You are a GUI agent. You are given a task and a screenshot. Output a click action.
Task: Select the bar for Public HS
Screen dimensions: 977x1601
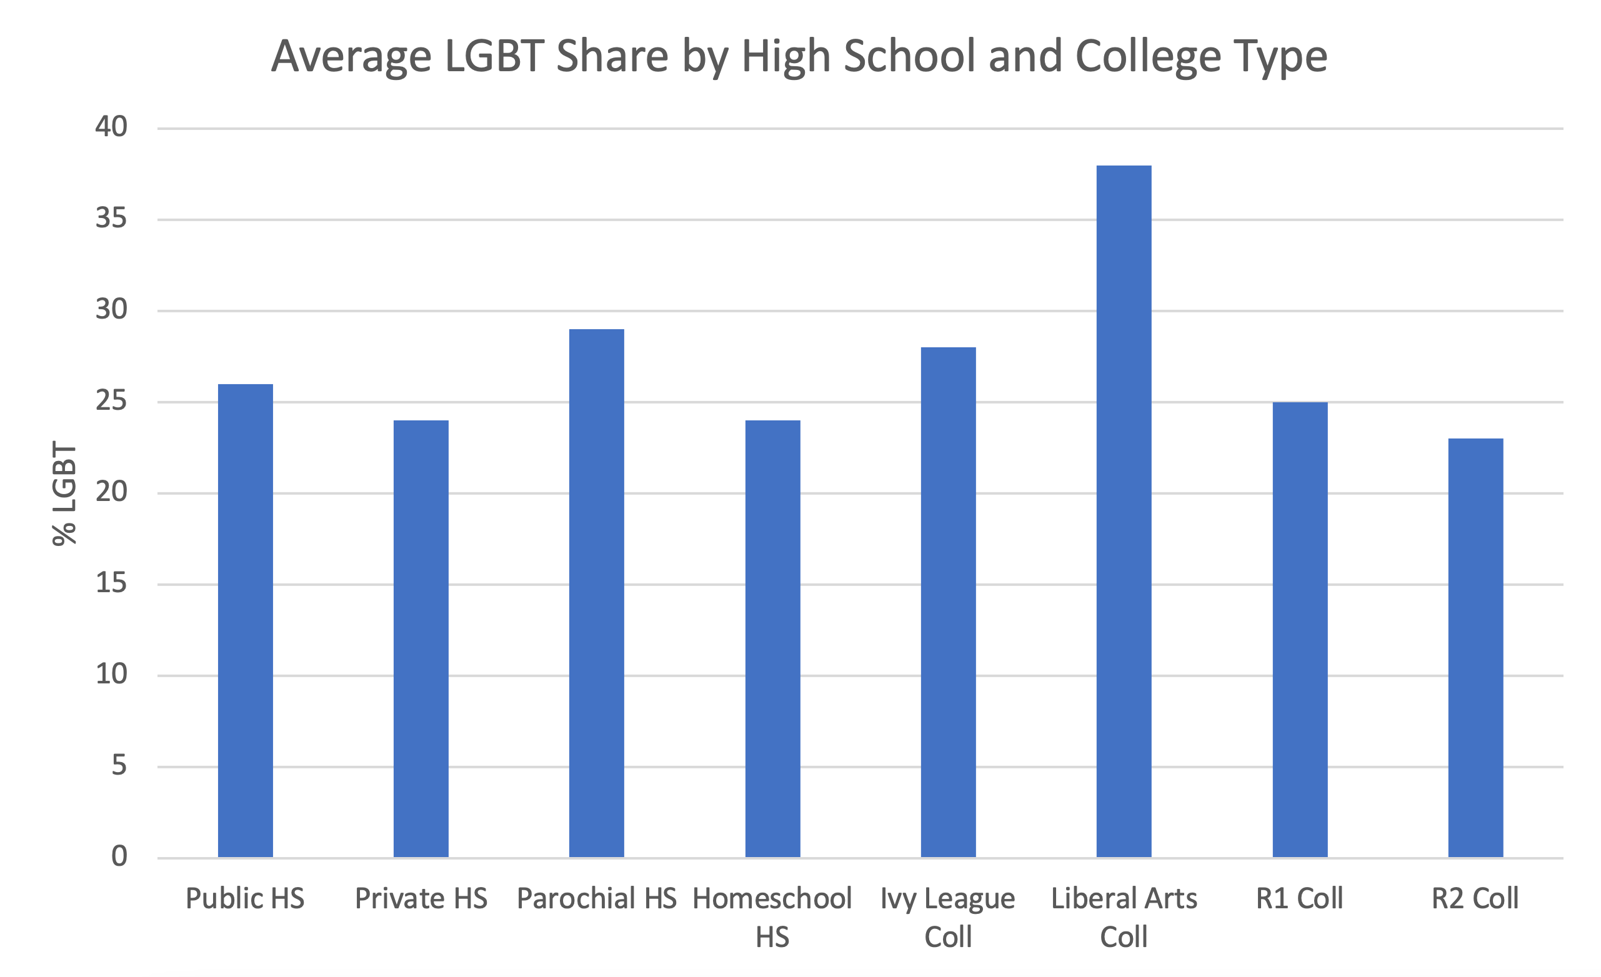point(245,620)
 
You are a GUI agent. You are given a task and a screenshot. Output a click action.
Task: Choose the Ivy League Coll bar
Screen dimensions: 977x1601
point(948,602)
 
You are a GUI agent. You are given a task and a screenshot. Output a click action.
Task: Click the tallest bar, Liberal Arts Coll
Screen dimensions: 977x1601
point(1124,511)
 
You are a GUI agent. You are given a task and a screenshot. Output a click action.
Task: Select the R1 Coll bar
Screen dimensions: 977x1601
point(1300,630)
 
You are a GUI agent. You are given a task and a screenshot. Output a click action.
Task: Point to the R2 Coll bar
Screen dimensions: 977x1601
point(1475,648)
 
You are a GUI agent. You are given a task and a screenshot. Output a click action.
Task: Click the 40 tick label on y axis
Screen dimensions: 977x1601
point(111,127)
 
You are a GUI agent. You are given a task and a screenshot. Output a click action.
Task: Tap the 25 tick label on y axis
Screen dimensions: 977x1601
point(111,401)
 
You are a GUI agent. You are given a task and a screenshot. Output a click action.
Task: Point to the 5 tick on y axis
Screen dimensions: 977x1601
point(119,766)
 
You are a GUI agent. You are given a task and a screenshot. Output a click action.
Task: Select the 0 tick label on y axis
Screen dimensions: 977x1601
point(119,857)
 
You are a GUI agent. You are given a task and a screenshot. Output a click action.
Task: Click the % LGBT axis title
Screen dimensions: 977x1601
point(64,493)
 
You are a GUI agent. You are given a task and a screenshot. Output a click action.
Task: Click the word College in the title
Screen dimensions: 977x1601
point(1148,56)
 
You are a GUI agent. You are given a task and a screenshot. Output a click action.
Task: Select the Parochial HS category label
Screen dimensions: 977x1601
point(597,899)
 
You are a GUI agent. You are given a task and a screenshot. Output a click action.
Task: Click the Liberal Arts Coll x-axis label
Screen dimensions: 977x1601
point(1124,917)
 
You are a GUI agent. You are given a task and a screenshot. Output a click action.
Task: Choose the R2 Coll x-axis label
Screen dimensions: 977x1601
point(1475,899)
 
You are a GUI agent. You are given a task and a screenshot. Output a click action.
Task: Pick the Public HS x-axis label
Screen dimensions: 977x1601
point(245,899)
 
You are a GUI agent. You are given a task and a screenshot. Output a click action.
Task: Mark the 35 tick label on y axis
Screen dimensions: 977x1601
point(111,218)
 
